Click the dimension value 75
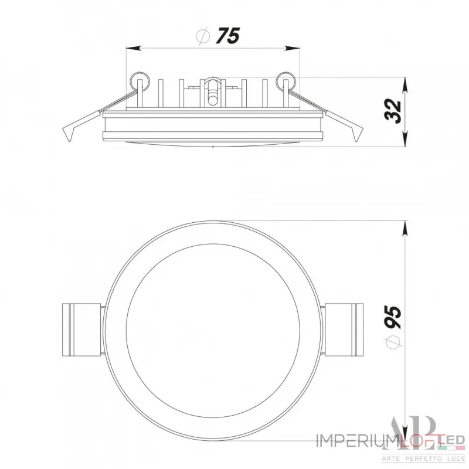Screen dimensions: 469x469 point(227,36)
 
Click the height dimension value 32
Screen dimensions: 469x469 point(394,110)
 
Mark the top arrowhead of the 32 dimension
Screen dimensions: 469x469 point(405,82)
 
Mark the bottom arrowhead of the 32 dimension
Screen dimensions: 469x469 point(405,141)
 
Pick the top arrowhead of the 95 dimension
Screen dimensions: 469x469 point(405,226)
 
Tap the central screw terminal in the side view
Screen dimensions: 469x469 point(212,91)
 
